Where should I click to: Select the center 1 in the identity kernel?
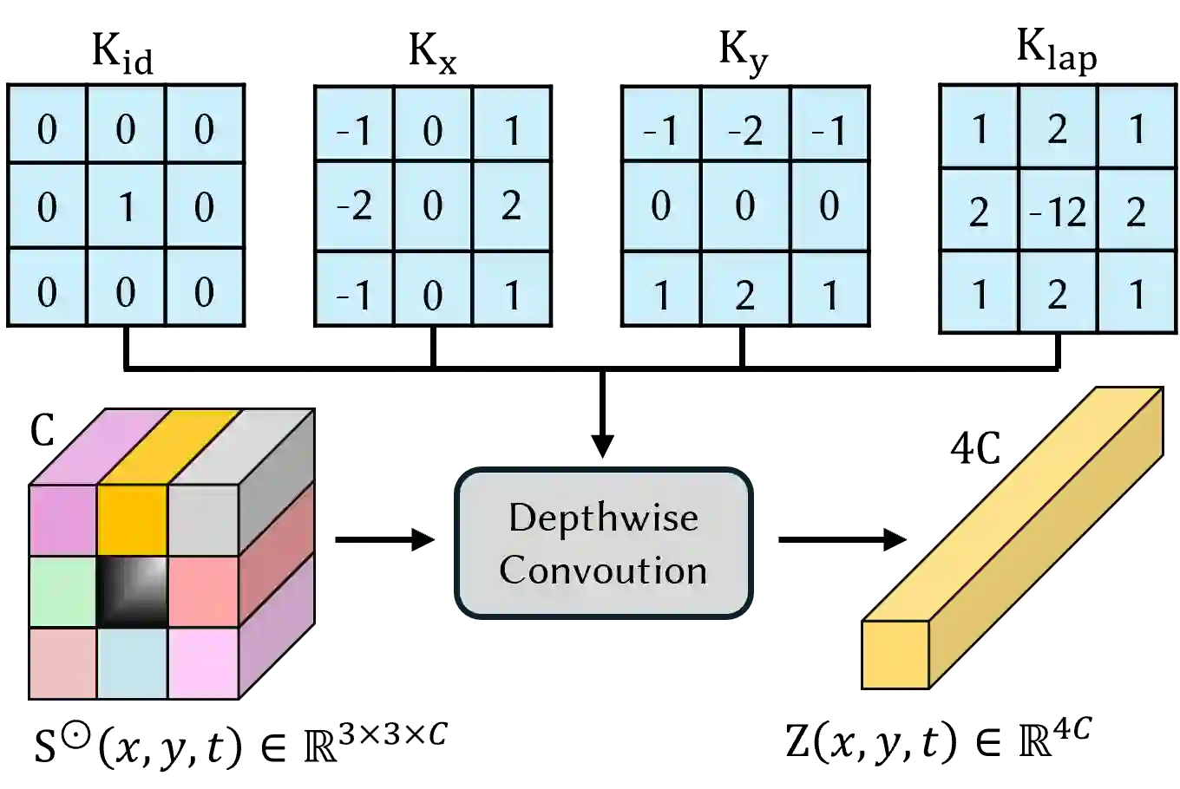coord(126,206)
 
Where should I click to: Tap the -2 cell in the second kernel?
coord(354,205)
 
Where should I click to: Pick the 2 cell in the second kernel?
coord(511,205)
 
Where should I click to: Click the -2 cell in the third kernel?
coord(744,130)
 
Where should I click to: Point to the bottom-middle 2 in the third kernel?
coord(744,296)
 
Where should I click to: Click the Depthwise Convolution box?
coord(603,544)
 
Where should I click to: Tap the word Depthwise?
coord(603,518)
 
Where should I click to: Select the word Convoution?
coord(603,571)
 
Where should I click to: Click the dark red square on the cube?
coord(62,662)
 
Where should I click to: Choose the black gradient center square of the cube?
coord(132,591)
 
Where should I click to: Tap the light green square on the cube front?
coord(62,591)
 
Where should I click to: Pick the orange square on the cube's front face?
coord(132,520)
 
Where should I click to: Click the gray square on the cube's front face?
coord(203,520)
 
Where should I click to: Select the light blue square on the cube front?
coord(132,662)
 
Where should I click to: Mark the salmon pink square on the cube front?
coord(203,591)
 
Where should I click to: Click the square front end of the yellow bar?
coord(895,655)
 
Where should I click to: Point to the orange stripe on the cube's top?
coord(170,447)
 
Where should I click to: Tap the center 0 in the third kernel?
coord(744,205)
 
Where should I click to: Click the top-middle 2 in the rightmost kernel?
coord(1058,128)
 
